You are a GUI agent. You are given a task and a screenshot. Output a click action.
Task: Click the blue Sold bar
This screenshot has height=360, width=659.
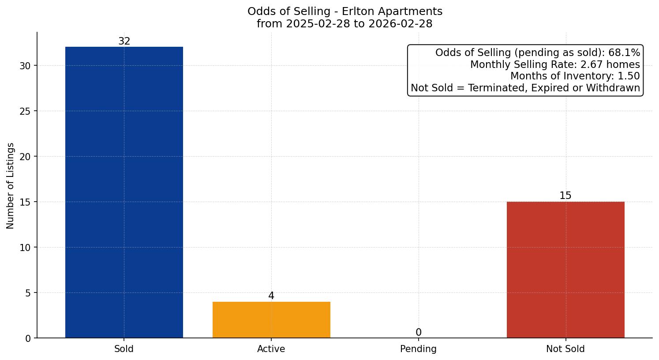pos(124,192)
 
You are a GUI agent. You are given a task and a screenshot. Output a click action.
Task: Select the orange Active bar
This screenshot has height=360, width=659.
pos(271,320)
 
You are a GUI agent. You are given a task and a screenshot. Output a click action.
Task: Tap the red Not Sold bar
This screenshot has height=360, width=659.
pos(565,270)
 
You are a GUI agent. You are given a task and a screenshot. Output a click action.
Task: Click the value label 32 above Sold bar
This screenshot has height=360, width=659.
pos(124,41)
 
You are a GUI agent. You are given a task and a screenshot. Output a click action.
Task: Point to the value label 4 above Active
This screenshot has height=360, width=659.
pos(271,296)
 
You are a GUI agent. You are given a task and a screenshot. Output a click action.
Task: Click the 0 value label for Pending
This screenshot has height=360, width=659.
pos(418,333)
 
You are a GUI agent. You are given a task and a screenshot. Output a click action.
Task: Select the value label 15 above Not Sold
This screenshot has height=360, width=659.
pos(565,196)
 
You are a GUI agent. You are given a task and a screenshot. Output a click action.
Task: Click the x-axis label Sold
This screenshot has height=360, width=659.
pos(124,349)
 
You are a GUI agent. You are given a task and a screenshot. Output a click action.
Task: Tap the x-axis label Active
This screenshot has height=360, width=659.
pos(271,349)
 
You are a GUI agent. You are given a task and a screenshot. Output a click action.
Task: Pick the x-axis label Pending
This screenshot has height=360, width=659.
pos(418,349)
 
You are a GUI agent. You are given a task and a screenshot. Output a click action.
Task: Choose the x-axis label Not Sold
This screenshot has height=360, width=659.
pos(565,349)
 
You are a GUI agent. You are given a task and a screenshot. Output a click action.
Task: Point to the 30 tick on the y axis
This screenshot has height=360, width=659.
pos(25,66)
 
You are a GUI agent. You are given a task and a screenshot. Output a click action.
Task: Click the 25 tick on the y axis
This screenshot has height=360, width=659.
pos(25,111)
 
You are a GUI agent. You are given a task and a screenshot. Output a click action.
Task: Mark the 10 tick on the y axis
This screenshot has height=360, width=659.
pos(25,247)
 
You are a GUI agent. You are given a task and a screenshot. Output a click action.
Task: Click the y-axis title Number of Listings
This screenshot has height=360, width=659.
pos(11,185)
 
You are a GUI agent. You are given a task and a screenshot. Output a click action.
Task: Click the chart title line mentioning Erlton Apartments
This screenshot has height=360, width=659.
pos(345,11)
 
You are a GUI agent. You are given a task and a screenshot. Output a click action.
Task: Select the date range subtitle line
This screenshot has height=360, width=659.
pos(345,24)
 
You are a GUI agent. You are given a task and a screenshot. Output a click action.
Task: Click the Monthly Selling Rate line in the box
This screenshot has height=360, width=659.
pos(554,64)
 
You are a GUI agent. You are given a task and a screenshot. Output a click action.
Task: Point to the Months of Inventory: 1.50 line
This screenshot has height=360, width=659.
pos(575,76)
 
